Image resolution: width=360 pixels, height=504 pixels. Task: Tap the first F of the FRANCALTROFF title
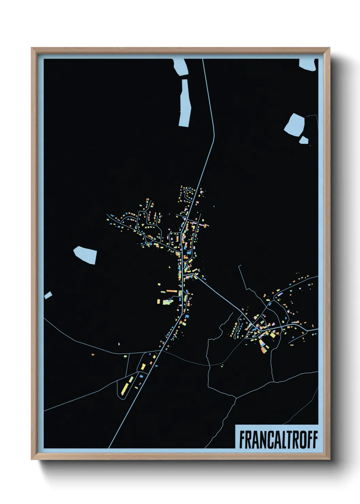[242, 440]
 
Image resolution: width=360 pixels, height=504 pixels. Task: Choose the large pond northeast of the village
[295, 125]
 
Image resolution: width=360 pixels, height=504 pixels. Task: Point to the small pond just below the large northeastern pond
[303, 140]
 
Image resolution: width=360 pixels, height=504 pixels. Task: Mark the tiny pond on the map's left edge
[48, 295]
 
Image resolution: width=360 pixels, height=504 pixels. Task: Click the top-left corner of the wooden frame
[32, 49]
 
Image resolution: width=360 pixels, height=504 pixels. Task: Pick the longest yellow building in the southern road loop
[125, 388]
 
